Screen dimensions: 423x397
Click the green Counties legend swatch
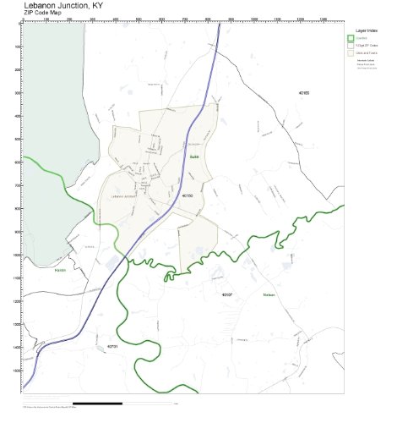click(x=351, y=38)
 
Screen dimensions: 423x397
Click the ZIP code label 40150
click(x=188, y=195)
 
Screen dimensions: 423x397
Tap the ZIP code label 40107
click(x=226, y=294)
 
